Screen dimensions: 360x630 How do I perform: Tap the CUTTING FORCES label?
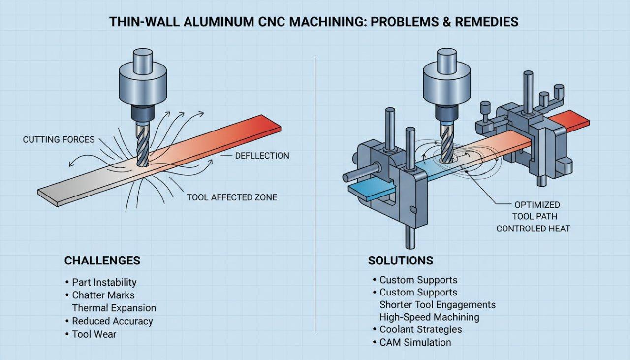pyautogui.click(x=59, y=140)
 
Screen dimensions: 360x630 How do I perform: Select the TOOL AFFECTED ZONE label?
pyautogui.click(x=232, y=197)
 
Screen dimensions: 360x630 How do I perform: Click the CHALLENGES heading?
pyautogui.click(x=102, y=260)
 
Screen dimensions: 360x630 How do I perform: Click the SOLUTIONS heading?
pyautogui.click(x=400, y=260)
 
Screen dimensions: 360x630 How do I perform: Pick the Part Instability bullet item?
pyautogui.click(x=104, y=282)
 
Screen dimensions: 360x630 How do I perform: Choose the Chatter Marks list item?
pyautogui.click(x=103, y=295)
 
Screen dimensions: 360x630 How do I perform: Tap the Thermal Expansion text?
pyautogui.click(x=114, y=308)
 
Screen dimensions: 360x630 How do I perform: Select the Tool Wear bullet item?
pyautogui.click(x=94, y=334)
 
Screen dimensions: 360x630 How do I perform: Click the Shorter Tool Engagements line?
pyautogui.click(x=437, y=305)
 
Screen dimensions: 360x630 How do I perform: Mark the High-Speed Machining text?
pyautogui.click(x=429, y=317)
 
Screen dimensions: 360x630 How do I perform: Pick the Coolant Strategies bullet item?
pyautogui.click(x=420, y=329)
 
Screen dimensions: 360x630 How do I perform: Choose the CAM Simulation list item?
pyautogui.click(x=415, y=342)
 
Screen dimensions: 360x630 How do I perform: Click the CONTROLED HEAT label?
pyautogui.click(x=533, y=229)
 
